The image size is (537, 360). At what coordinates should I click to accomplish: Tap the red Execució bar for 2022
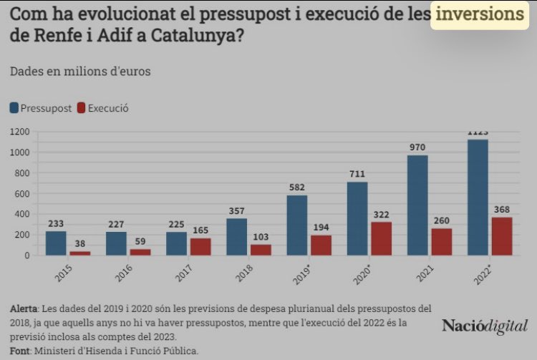click(503, 235)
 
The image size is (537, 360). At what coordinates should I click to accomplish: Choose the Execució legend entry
click(107, 108)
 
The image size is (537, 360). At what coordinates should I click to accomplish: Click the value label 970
click(417, 147)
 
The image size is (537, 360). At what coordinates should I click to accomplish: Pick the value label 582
click(297, 188)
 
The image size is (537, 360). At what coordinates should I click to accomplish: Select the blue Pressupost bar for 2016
click(116, 243)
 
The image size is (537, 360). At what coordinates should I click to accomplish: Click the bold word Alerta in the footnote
click(24, 308)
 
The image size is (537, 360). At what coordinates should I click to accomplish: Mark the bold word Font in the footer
click(20, 351)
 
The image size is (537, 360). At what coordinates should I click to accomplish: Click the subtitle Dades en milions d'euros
click(80, 71)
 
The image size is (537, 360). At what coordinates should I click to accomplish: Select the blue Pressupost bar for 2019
click(297, 225)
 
